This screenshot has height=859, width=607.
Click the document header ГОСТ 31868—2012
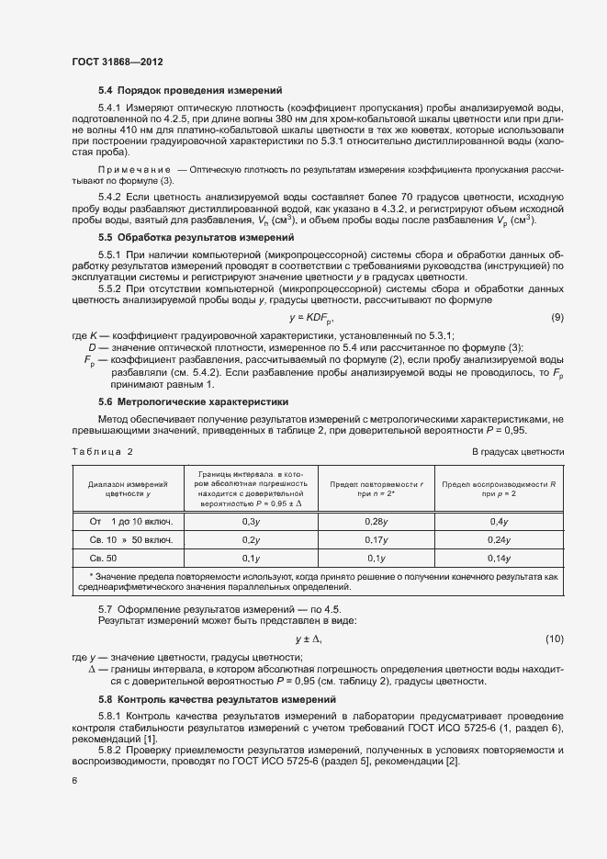coord(117,62)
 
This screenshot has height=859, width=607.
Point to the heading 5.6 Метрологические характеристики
coord(193,401)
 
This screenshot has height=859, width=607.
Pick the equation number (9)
coord(556,318)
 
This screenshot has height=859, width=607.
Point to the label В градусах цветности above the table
coord(517,452)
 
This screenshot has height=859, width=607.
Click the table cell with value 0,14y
coord(498,559)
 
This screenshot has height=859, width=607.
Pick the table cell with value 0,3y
coord(250,522)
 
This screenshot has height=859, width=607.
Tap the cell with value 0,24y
coord(498,540)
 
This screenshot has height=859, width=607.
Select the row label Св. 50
coord(103,559)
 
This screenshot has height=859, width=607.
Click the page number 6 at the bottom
coord(74,781)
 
